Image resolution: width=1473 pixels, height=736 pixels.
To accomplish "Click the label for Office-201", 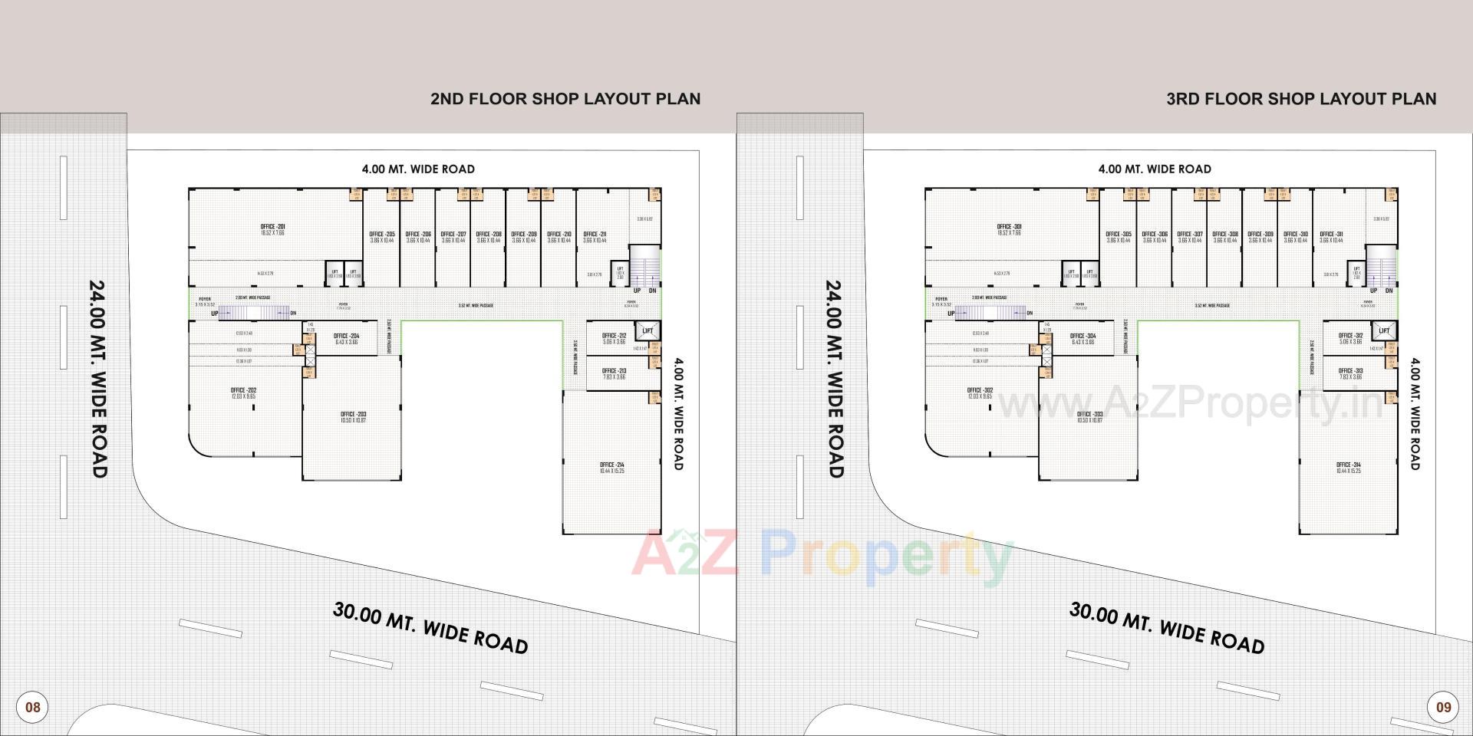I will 272,227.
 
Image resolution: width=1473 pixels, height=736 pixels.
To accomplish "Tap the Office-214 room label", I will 611,465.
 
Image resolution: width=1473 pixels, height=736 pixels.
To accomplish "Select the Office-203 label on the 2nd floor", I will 353,414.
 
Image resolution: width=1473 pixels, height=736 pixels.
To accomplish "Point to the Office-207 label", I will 453,235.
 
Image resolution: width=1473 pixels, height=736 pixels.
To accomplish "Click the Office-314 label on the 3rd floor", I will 1348,465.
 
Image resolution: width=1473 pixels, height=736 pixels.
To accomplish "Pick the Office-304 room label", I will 1083,336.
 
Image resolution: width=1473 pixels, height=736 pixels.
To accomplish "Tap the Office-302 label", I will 980,390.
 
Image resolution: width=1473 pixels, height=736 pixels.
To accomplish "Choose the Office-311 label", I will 1331,235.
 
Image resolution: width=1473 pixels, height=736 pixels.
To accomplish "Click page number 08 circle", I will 32,706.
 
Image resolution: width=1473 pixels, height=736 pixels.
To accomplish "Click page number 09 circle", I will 1443,706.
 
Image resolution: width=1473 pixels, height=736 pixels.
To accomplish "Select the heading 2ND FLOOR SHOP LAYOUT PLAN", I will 565,99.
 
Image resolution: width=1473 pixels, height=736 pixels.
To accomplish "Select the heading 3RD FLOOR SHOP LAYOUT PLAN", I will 1301,99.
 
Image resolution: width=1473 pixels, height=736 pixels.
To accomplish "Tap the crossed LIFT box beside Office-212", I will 648,330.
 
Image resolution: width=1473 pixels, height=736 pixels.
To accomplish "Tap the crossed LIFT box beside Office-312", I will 1384,330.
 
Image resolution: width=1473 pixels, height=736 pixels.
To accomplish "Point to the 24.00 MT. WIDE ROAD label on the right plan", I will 834,379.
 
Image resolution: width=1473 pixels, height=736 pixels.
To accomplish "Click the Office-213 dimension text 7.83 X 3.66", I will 614,377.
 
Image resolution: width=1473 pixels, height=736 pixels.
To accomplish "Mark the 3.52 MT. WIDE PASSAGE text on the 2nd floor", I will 476,305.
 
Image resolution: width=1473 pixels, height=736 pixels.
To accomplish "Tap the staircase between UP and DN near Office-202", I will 254,312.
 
